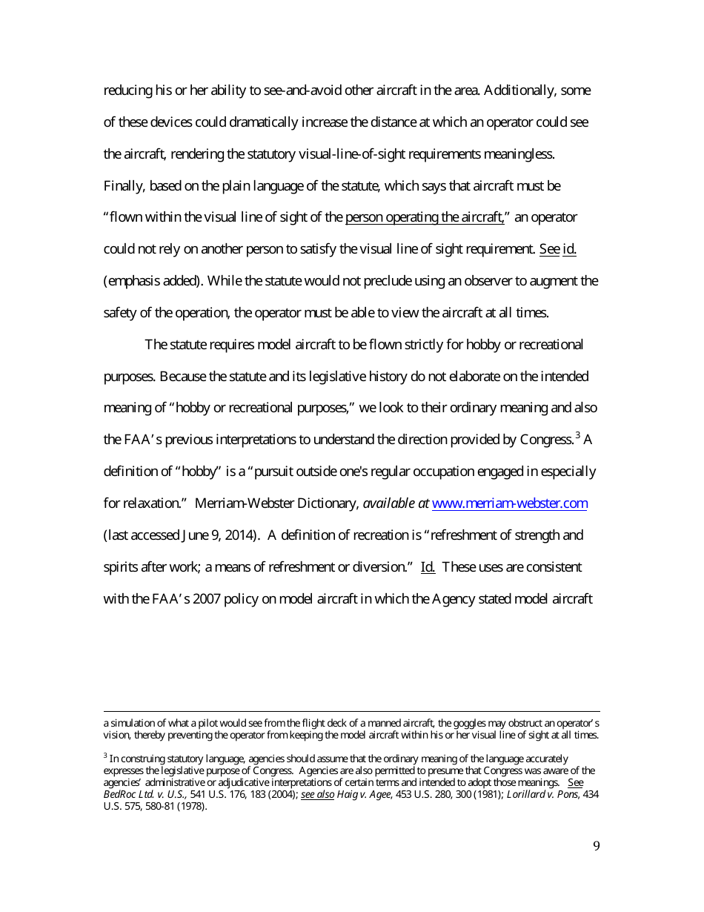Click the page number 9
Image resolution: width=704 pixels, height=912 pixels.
tap(597, 847)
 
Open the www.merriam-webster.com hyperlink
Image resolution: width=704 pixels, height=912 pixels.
tap(509, 504)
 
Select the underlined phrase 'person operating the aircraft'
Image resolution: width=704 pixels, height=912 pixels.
tap(425, 218)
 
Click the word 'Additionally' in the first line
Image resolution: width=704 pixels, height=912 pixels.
tap(520, 91)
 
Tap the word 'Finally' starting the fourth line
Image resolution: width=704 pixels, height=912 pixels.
tap(124, 186)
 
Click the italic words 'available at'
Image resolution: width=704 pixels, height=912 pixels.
tap(396, 504)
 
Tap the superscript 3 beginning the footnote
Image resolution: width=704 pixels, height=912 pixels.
tap(105, 756)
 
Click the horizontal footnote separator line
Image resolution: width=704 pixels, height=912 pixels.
tap(351, 711)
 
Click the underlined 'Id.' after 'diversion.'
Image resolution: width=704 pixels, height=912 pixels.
tap(428, 567)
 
